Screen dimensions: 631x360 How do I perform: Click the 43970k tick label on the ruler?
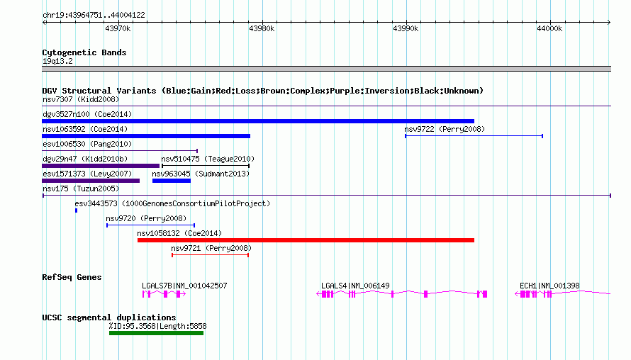[x=118, y=28]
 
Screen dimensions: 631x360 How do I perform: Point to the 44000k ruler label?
[x=549, y=28]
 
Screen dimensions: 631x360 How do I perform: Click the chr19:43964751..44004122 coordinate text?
[x=94, y=15]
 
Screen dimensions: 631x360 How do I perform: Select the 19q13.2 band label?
[x=57, y=61]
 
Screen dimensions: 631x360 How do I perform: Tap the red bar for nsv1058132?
[x=306, y=240]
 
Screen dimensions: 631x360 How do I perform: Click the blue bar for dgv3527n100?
[x=258, y=121]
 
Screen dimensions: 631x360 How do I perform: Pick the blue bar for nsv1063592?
[x=146, y=136]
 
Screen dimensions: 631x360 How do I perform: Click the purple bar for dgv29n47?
[x=101, y=166]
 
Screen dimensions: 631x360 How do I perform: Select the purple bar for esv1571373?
[x=91, y=181]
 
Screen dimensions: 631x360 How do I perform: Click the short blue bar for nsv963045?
[x=172, y=181]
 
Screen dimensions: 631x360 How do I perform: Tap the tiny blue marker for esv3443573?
[x=76, y=210]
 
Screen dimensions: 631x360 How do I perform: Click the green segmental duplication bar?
[x=156, y=333]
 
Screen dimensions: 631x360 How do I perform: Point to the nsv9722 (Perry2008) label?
[x=445, y=129]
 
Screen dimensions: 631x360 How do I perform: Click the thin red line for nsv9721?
[x=210, y=255]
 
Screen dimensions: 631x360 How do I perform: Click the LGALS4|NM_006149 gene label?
[x=355, y=286]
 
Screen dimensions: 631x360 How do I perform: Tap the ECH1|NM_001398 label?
[x=549, y=286]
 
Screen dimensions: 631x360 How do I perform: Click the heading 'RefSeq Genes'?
[x=72, y=277]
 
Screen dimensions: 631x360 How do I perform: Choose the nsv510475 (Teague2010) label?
[x=208, y=159]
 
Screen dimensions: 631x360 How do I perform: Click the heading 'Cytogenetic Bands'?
[x=84, y=52]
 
